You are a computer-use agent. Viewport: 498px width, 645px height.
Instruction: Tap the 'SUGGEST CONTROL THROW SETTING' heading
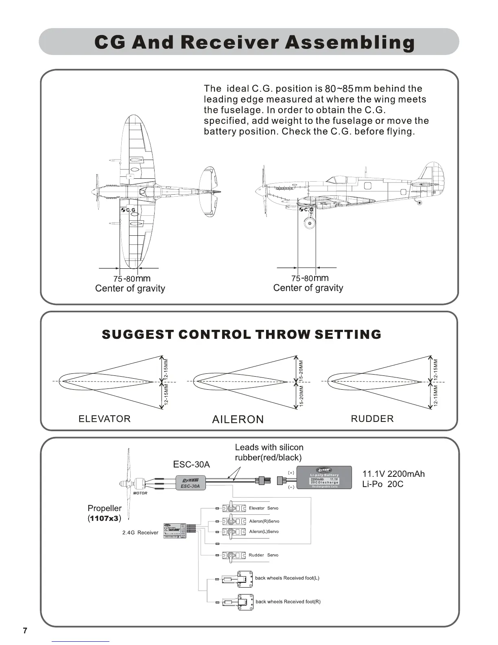[241, 334]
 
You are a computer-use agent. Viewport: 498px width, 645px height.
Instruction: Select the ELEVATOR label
[105, 419]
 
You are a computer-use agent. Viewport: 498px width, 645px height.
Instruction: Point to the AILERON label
[238, 419]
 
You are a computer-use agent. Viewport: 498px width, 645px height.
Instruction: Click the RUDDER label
[372, 419]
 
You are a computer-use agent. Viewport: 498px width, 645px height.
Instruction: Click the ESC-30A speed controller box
[190, 483]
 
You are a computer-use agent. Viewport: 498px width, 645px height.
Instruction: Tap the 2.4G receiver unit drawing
[175, 531]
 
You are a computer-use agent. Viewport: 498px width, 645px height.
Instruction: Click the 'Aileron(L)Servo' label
[264, 531]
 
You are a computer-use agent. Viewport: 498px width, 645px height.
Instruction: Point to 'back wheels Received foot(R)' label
[288, 601]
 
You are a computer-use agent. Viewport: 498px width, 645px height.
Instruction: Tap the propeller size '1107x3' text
[104, 518]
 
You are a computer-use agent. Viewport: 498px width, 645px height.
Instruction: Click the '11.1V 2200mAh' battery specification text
[393, 474]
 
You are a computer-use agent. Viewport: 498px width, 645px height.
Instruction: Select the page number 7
[25, 631]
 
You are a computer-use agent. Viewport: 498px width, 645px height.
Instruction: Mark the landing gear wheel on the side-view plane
[309, 223]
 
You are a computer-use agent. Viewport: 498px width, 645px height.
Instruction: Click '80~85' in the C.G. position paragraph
[339, 89]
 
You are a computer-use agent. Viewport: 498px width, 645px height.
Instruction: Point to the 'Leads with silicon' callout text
[269, 447]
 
